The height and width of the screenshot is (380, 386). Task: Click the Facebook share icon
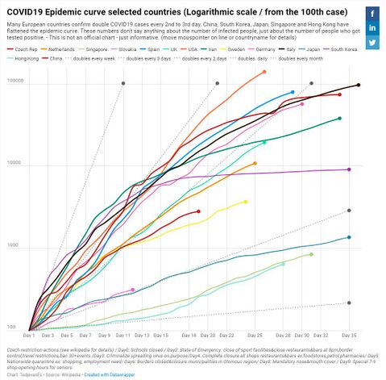[373, 14]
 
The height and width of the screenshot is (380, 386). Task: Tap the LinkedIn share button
[373, 28]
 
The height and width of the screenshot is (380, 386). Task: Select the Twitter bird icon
[373, 43]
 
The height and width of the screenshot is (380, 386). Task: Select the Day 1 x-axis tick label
[30, 334]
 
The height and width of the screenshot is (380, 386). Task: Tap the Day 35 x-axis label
[349, 334]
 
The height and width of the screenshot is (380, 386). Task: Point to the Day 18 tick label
[189, 334]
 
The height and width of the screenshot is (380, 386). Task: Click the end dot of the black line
[359, 85]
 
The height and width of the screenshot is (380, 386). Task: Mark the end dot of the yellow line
[246, 202]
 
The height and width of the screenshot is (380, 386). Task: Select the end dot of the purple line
[349, 169]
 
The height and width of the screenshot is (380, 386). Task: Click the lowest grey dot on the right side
[349, 303]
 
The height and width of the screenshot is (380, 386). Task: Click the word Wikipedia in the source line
[68, 375]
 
